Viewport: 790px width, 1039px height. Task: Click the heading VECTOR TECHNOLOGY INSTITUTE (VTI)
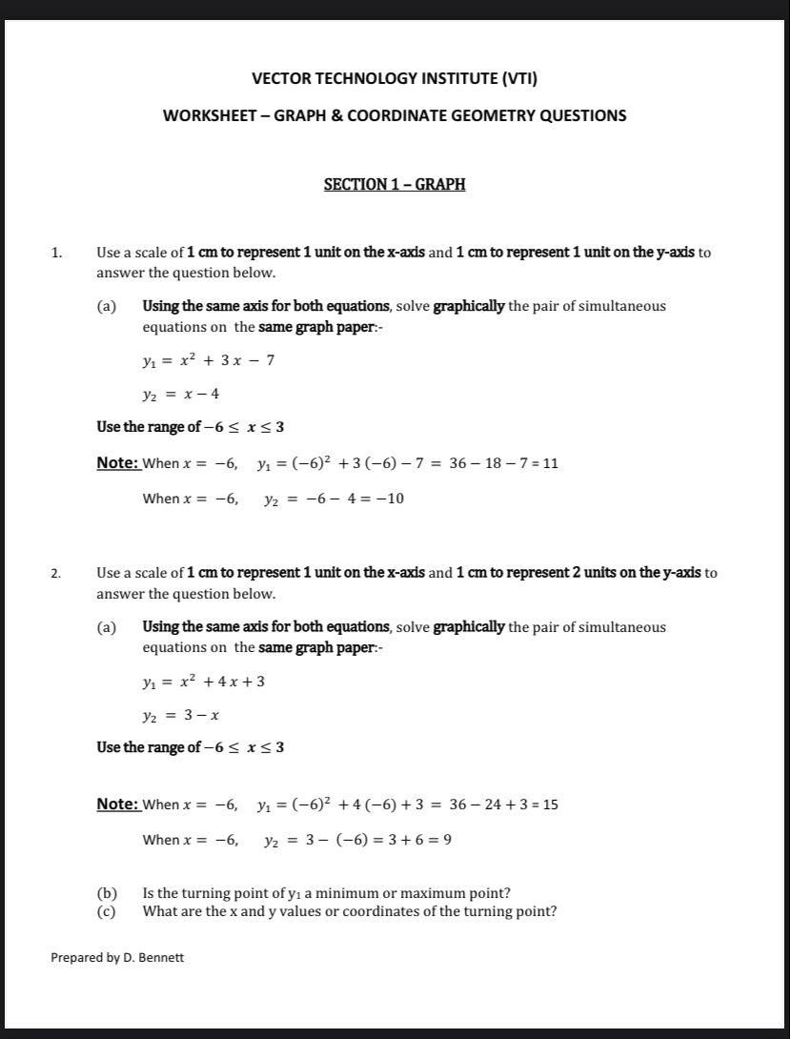395,79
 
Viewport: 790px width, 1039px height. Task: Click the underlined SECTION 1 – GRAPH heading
395,184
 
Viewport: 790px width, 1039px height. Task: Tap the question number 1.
56,254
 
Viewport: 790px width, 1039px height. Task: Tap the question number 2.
56,574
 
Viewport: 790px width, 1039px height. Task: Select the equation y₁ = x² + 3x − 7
209,360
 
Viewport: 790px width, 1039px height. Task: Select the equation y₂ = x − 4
181,394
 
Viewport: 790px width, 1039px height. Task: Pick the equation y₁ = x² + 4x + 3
204,682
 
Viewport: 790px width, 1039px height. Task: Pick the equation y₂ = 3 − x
181,715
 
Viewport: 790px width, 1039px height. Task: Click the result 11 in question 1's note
550,464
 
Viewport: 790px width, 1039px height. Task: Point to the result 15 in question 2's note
550,805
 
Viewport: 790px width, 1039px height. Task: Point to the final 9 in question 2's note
447,840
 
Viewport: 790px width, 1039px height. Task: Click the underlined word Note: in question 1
118,463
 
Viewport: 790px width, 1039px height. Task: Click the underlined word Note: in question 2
118,804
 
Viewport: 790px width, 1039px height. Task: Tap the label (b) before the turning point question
107,893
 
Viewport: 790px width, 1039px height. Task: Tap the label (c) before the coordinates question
107,911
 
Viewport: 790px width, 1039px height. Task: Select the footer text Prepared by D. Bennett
117,957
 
